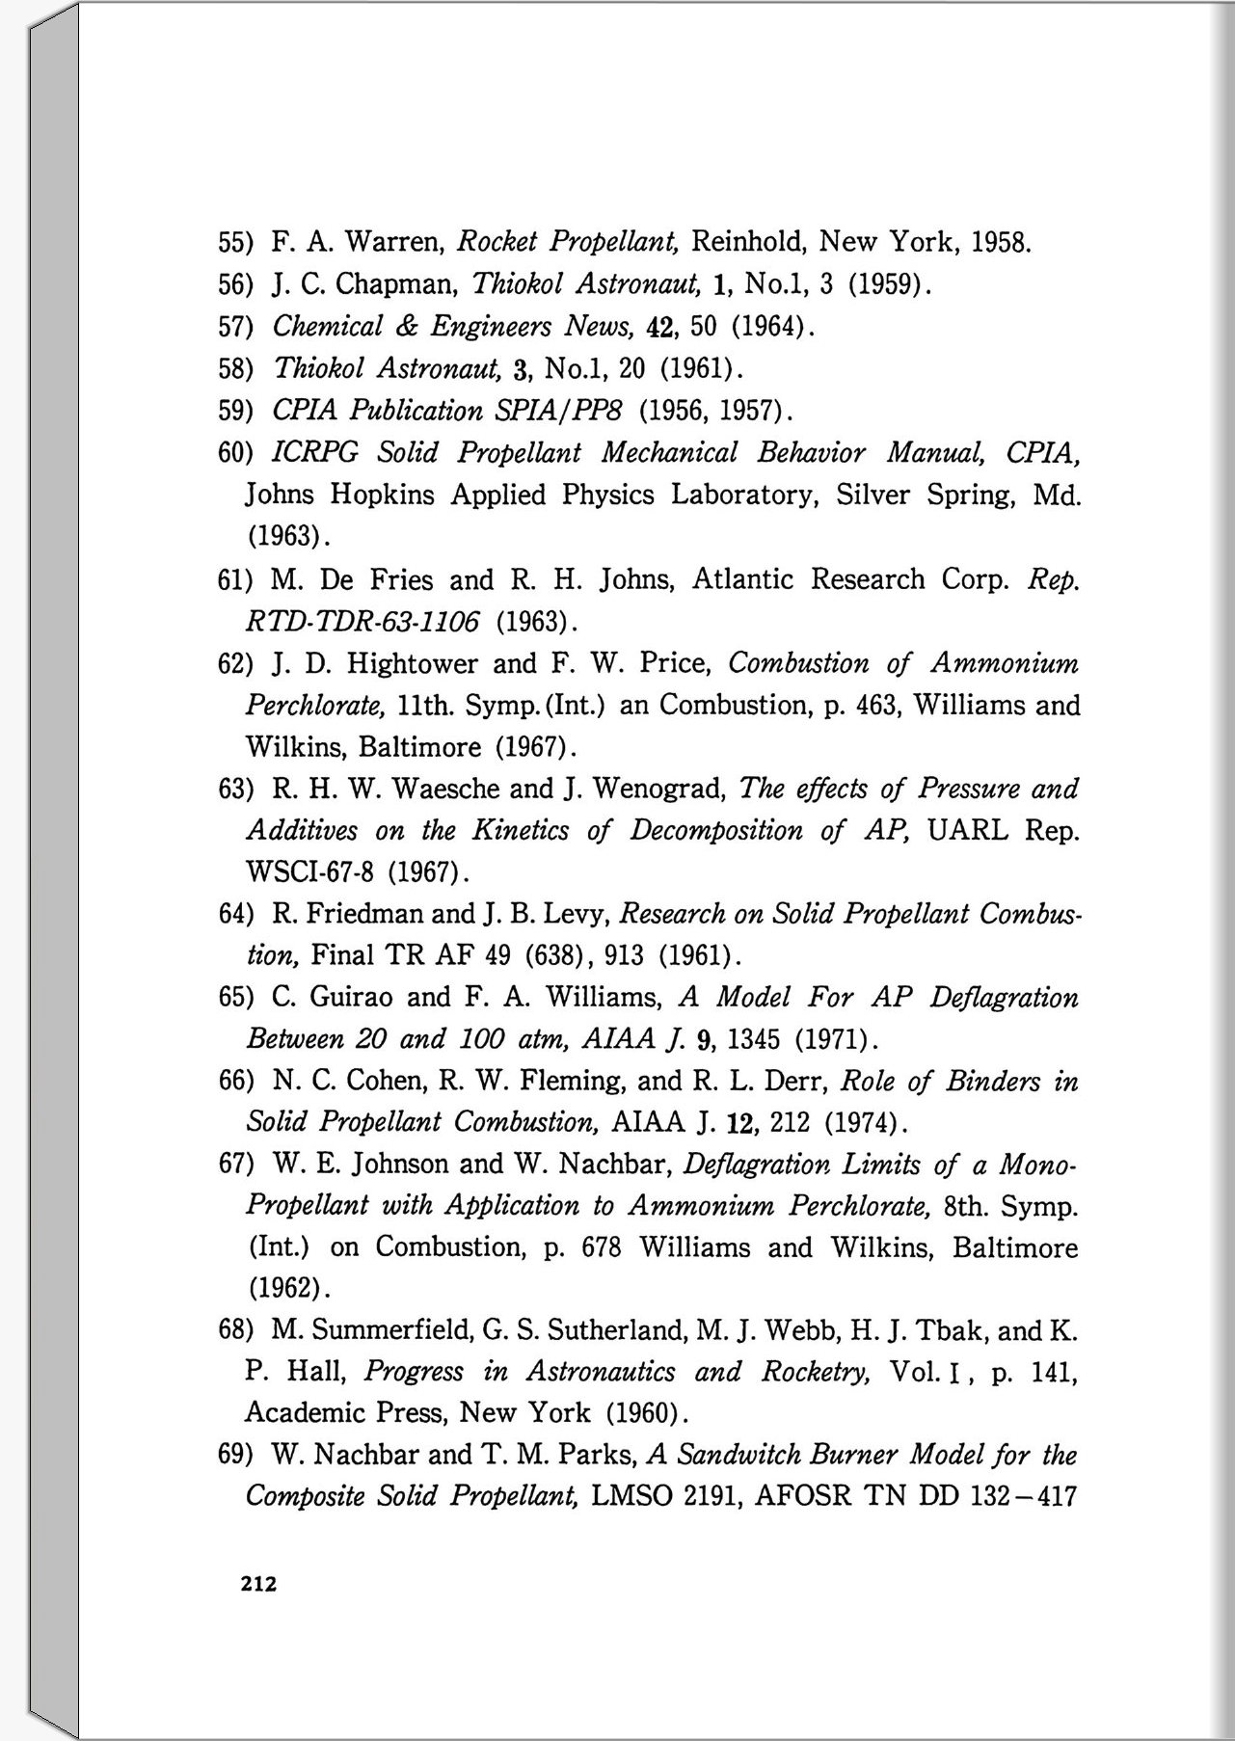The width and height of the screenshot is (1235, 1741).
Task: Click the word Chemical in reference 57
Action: [x=328, y=326]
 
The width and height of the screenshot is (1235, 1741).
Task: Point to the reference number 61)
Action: [x=235, y=580]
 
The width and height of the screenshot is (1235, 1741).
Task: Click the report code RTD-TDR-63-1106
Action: [x=362, y=622]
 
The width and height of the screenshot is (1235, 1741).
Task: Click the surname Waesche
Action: [x=447, y=790]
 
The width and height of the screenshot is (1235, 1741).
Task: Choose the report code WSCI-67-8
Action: [x=309, y=873]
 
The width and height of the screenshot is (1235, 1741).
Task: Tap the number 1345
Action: [x=755, y=1039]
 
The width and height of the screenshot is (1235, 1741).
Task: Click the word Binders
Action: [x=992, y=1082]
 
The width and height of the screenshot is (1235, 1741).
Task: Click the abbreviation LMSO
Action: [x=631, y=1496]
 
